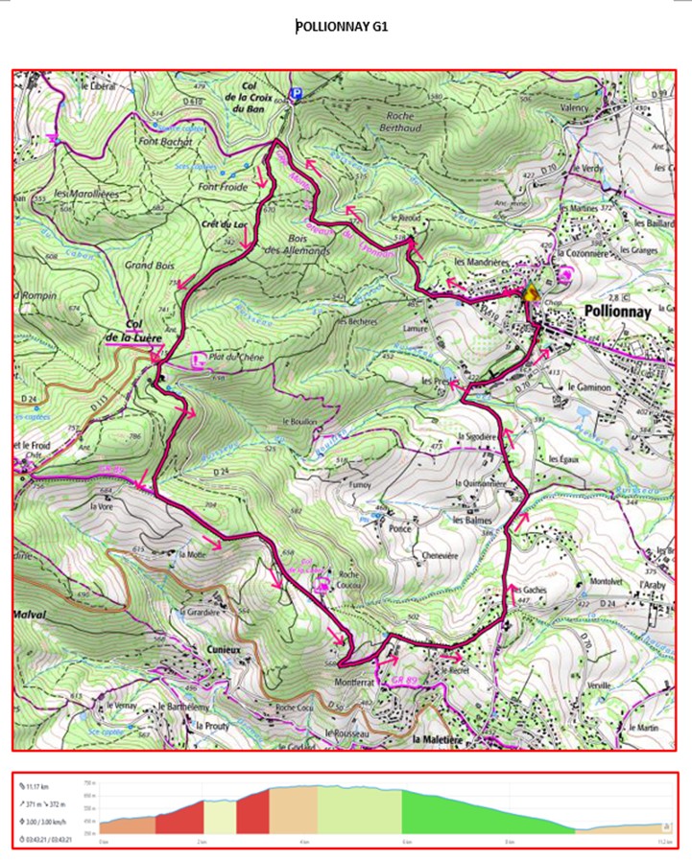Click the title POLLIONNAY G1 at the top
(x=342, y=27)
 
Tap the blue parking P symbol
(x=297, y=93)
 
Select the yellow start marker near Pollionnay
(x=529, y=294)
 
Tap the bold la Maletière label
(x=445, y=740)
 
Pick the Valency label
(x=574, y=109)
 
